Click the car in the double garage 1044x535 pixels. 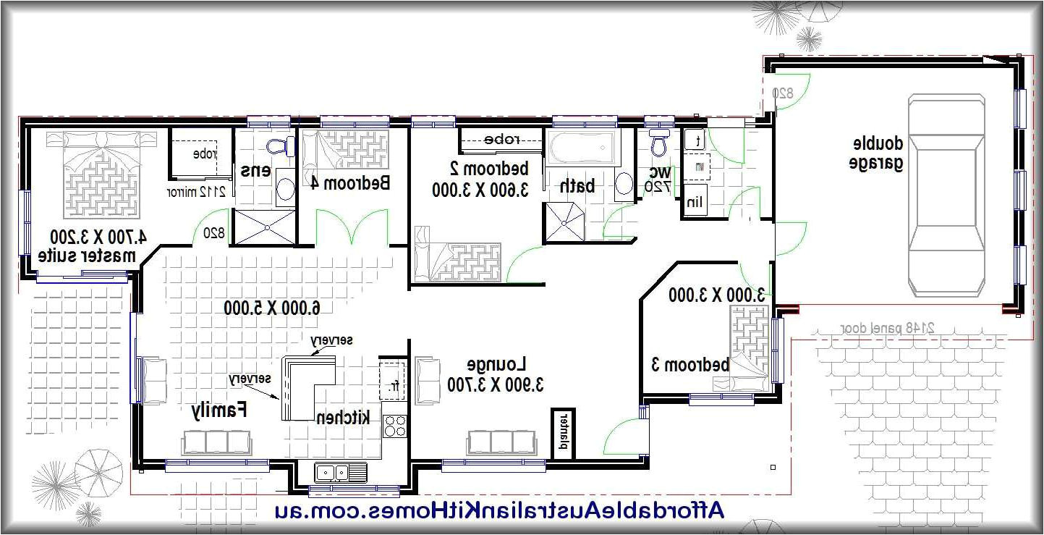click(x=946, y=195)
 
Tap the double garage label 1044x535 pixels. click(x=876, y=153)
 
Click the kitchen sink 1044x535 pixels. click(x=332, y=473)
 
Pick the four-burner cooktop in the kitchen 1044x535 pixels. click(x=394, y=425)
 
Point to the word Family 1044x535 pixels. click(x=219, y=410)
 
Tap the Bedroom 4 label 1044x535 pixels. click(x=351, y=183)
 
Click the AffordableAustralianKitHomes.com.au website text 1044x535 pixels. click(x=499, y=510)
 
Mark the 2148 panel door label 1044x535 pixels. click(x=888, y=328)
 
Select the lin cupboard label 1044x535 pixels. click(x=695, y=201)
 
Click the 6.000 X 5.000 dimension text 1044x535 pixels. click(x=272, y=308)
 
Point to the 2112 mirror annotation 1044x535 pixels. click(x=197, y=192)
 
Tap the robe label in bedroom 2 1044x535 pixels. click(x=499, y=139)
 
